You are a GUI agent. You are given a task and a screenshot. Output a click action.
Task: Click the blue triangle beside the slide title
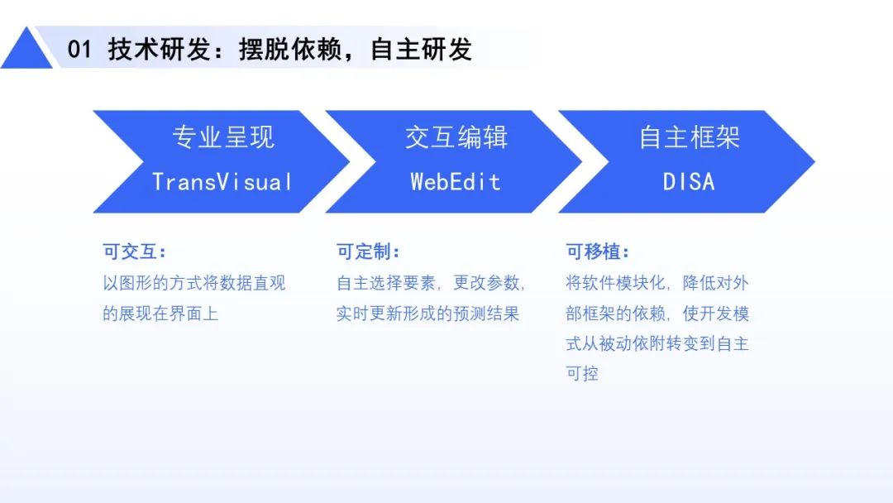pyautogui.click(x=26, y=52)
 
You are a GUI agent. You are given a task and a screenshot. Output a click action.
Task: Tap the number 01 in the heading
pyautogui.click(x=79, y=49)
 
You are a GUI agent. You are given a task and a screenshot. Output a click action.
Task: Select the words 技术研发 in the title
pyautogui.click(x=160, y=49)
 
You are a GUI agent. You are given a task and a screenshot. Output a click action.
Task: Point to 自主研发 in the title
pyautogui.click(x=422, y=49)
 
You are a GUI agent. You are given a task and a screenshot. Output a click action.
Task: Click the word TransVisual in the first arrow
pyautogui.click(x=222, y=182)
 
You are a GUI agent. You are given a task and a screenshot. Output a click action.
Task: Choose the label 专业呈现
pyautogui.click(x=223, y=137)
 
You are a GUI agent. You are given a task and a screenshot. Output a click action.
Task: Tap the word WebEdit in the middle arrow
pyautogui.click(x=456, y=182)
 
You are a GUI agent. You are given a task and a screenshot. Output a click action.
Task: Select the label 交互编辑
pyautogui.click(x=456, y=137)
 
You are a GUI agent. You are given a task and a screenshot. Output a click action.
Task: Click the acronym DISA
pyautogui.click(x=689, y=182)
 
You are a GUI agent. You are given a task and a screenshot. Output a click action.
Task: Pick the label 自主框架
pyautogui.click(x=689, y=137)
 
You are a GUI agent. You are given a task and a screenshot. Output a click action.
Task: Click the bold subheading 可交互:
pyautogui.click(x=135, y=251)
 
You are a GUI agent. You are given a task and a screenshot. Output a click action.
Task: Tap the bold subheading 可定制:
pyautogui.click(x=368, y=251)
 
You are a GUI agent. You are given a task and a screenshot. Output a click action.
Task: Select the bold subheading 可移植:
pyautogui.click(x=598, y=251)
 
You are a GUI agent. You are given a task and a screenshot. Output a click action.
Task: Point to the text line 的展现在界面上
pyautogui.click(x=160, y=314)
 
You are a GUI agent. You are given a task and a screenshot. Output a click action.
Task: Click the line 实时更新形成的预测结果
pyautogui.click(x=427, y=314)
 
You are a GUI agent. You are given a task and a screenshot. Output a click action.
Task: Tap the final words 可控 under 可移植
pyautogui.click(x=582, y=374)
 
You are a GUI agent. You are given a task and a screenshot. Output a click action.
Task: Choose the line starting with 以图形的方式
pyautogui.click(x=194, y=283)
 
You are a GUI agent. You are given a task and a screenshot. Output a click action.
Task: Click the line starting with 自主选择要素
pyautogui.click(x=431, y=283)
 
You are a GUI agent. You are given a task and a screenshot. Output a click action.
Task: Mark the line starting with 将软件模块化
pyautogui.click(x=657, y=283)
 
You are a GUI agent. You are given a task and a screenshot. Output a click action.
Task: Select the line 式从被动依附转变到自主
pyautogui.click(x=657, y=343)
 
